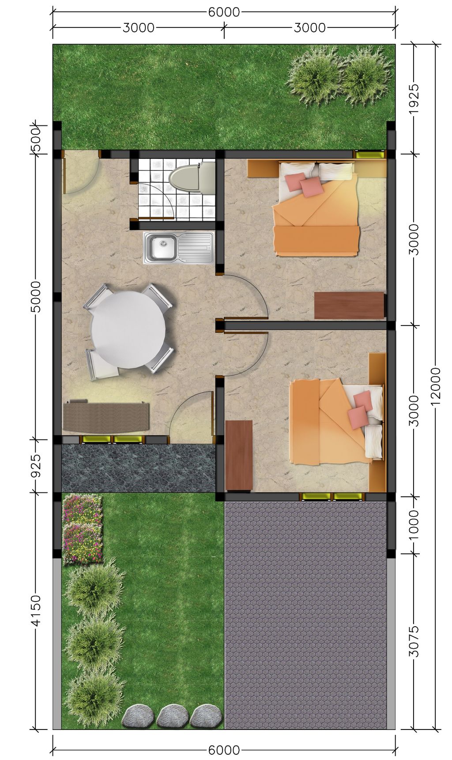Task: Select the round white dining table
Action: pos(128,329)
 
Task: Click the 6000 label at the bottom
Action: pos(224,750)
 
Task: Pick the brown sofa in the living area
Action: pos(106,416)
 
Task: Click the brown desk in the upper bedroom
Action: pos(349,305)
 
